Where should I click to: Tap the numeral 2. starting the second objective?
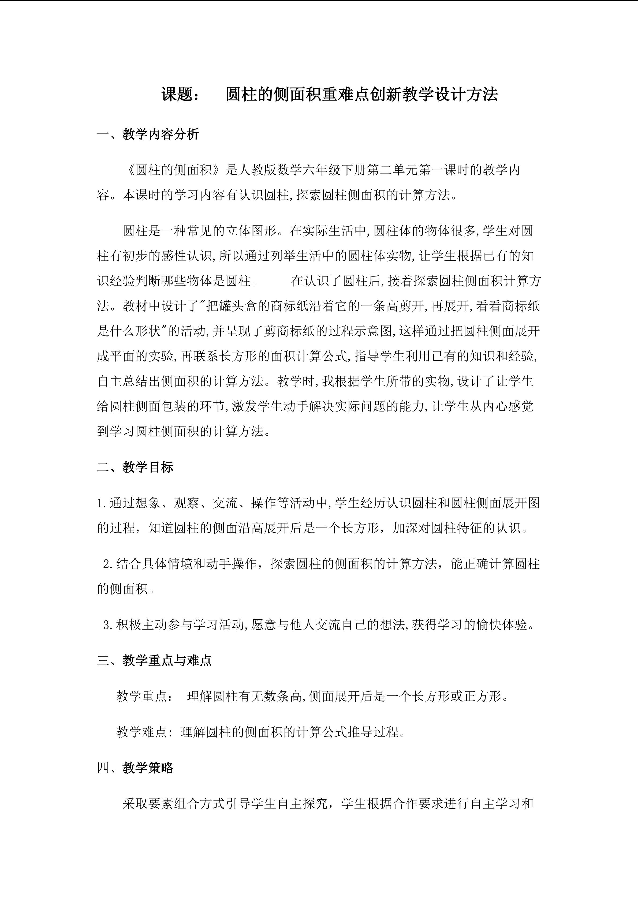point(108,564)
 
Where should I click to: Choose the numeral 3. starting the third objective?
point(108,625)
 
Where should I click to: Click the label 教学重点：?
point(144,697)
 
